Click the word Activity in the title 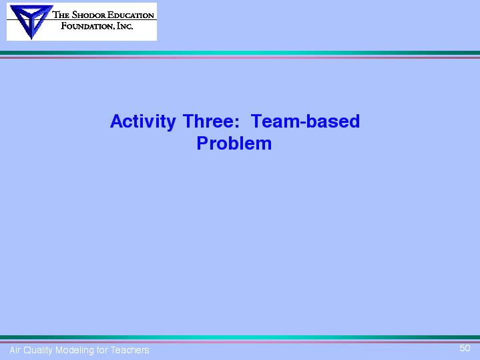[143, 122]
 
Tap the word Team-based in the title [305, 121]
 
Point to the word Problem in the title [234, 143]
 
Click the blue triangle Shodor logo [31, 21]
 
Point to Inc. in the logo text [125, 26]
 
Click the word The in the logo [61, 15]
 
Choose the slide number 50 [465, 348]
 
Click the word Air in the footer [15, 350]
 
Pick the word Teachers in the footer [130, 350]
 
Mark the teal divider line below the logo [240, 53]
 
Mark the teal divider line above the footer [240, 337]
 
